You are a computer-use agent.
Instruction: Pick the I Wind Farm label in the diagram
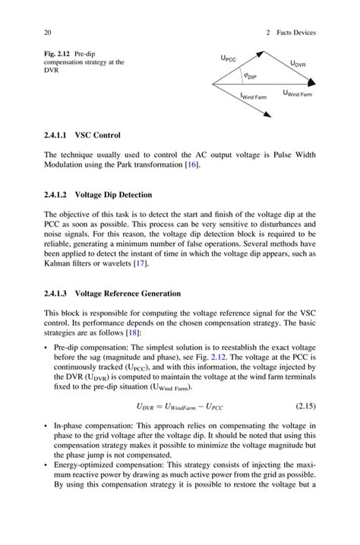click(253, 97)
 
